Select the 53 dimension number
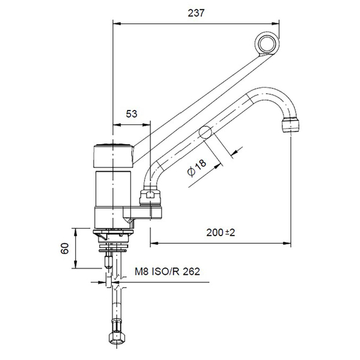pyautogui.click(x=131, y=114)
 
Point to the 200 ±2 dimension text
pyautogui.click(x=221, y=232)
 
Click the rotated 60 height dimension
pyautogui.click(x=64, y=249)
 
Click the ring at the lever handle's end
pyautogui.click(x=268, y=44)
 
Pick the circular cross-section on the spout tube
pyautogui.click(x=204, y=133)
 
